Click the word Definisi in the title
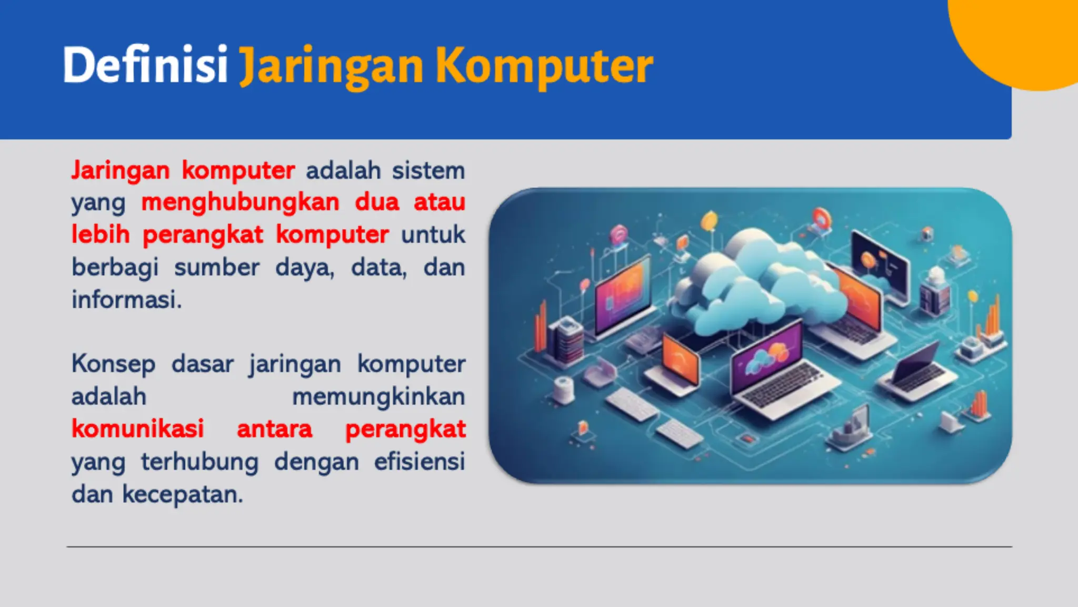(145, 65)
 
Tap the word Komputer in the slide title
(544, 66)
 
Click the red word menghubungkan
(241, 202)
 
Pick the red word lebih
(101, 234)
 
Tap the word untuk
(433, 234)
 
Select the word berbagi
(115, 268)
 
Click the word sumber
(217, 267)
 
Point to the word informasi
(126, 300)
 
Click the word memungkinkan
(378, 397)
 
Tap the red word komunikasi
(138, 429)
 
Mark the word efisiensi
(420, 462)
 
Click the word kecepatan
(183, 494)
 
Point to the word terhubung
(199, 462)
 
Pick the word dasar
(203, 364)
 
